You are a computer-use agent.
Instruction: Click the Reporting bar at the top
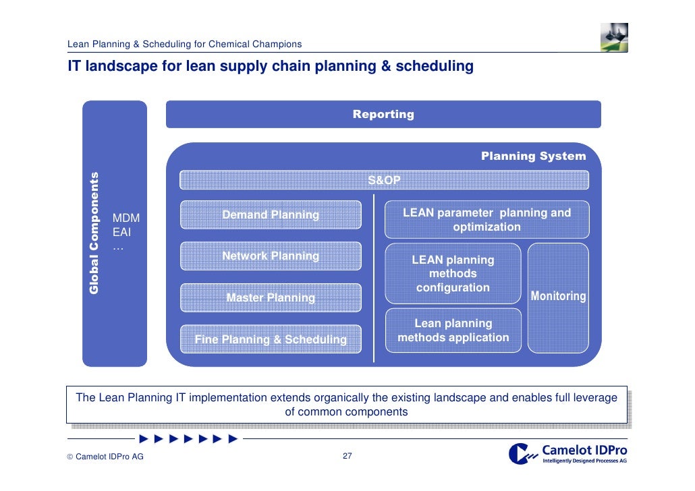coord(383,114)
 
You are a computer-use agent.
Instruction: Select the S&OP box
coord(383,180)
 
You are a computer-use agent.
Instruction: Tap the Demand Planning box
coord(271,214)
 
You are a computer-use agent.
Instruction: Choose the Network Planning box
coord(271,256)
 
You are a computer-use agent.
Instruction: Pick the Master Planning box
coord(271,297)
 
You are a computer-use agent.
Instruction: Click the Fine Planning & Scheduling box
coord(271,339)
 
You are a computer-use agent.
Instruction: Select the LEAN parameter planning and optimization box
coord(486,220)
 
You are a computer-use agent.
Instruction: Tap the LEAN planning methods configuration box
coord(453,274)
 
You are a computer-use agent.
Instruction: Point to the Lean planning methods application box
coord(453,330)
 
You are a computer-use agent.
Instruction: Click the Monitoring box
coord(558,297)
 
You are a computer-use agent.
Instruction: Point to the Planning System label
coord(533,156)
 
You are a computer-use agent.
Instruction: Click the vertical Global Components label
coord(94,233)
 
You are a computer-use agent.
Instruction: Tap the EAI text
coord(122,232)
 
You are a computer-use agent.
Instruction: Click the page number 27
coord(347,457)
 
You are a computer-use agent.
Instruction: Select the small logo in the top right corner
coord(614,37)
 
